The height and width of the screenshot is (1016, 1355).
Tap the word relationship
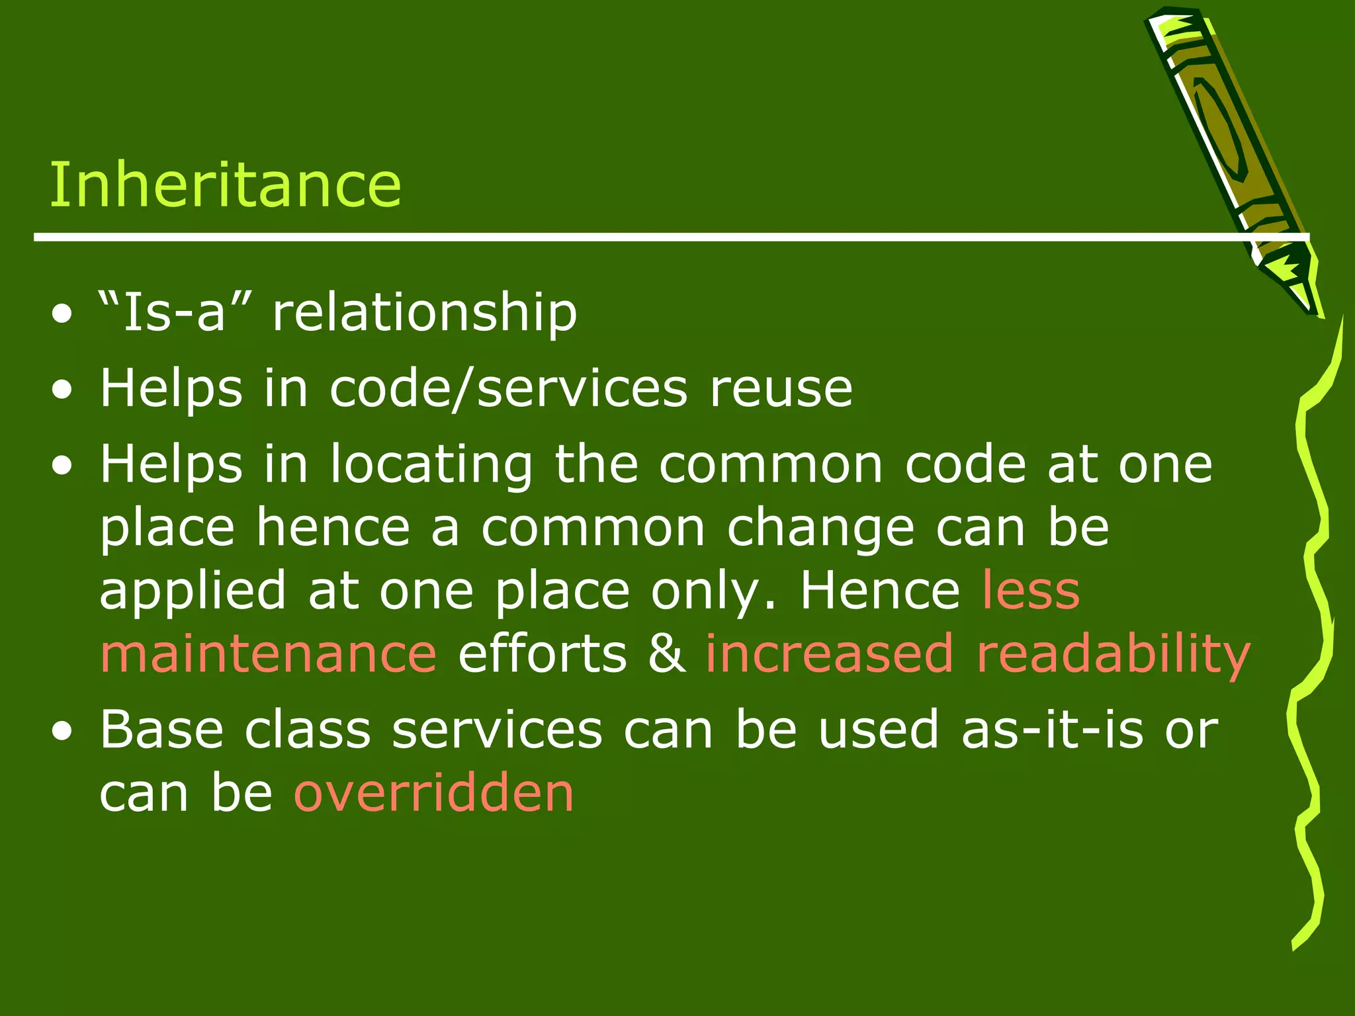pos(425,313)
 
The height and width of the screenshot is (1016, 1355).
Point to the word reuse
pos(781,390)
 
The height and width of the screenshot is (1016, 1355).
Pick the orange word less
pos(1031,590)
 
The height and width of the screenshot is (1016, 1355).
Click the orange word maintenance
pos(268,654)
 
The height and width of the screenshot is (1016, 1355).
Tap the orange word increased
pos(830,654)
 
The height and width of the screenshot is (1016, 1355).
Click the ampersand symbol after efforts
pos(667,654)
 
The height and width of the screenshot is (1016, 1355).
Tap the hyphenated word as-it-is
pos(1052,729)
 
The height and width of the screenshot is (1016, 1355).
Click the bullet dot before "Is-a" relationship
pos(62,316)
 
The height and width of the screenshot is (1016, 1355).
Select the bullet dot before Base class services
pos(62,732)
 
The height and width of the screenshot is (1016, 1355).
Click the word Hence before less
pos(880,590)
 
